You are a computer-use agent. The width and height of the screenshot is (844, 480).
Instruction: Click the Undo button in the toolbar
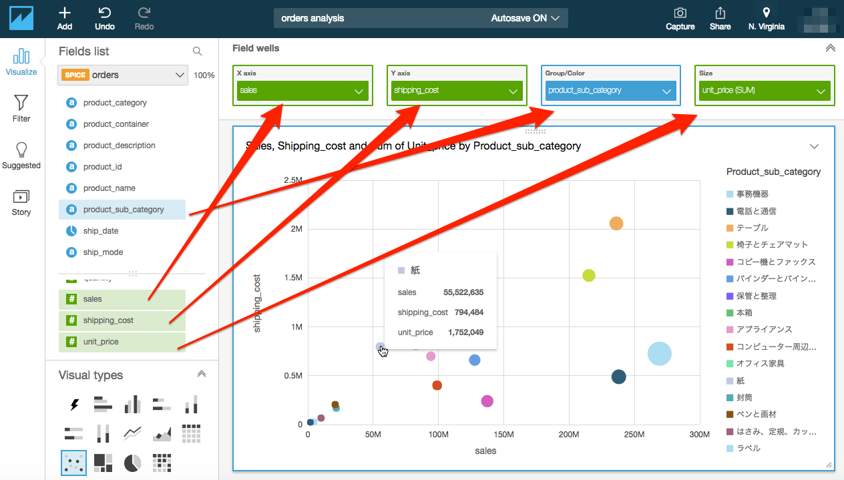[x=104, y=18]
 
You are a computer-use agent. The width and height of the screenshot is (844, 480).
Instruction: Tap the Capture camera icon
[x=680, y=13]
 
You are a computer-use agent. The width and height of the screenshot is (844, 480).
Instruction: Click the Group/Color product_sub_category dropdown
[x=610, y=91]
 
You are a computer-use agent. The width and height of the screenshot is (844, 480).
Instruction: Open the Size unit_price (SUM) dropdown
[x=765, y=91]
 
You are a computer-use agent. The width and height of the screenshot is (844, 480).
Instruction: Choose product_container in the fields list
[x=116, y=124]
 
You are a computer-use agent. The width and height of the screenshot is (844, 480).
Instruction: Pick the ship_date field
[x=101, y=231]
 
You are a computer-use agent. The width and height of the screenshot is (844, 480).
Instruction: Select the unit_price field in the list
[x=101, y=342]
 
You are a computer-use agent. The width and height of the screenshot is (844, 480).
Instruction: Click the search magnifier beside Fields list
[x=197, y=51]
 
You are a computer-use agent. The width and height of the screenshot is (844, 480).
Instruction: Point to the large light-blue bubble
[x=659, y=354]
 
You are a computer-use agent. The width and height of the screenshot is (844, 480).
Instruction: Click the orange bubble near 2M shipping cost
[x=616, y=224]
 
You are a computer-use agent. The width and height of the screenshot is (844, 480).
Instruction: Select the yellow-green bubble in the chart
[x=589, y=275]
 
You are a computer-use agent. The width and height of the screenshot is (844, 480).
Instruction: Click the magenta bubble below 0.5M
[x=487, y=401]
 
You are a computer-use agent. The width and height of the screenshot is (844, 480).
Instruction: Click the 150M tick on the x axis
[x=503, y=435]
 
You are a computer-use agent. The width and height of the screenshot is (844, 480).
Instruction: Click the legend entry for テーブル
[x=752, y=228]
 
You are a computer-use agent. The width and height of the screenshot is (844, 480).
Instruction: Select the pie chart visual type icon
[x=132, y=462]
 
